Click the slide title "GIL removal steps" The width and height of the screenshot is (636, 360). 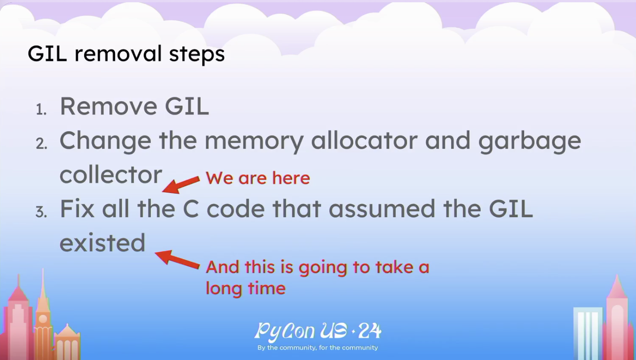click(126, 54)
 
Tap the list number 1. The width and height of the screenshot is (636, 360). click(41, 109)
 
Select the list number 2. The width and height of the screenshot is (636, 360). click(42, 144)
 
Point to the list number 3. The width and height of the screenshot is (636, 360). click(41, 212)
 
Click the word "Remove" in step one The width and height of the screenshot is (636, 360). click(108, 106)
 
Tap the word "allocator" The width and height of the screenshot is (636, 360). click(364, 140)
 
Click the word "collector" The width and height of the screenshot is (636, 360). click(111, 175)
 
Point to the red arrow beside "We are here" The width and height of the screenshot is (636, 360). click(181, 185)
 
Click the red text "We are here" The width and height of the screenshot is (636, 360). click(257, 178)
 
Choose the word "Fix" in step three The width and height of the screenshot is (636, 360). click(77, 209)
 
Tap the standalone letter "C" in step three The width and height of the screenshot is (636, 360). click(191, 209)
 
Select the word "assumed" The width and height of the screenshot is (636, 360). click(382, 209)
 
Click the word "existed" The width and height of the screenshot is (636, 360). click(103, 242)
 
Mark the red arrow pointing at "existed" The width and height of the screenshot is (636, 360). click(177, 259)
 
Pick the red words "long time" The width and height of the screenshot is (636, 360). click(245, 289)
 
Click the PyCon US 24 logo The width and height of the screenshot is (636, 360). click(318, 331)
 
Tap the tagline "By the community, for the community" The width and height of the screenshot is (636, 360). click(318, 348)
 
